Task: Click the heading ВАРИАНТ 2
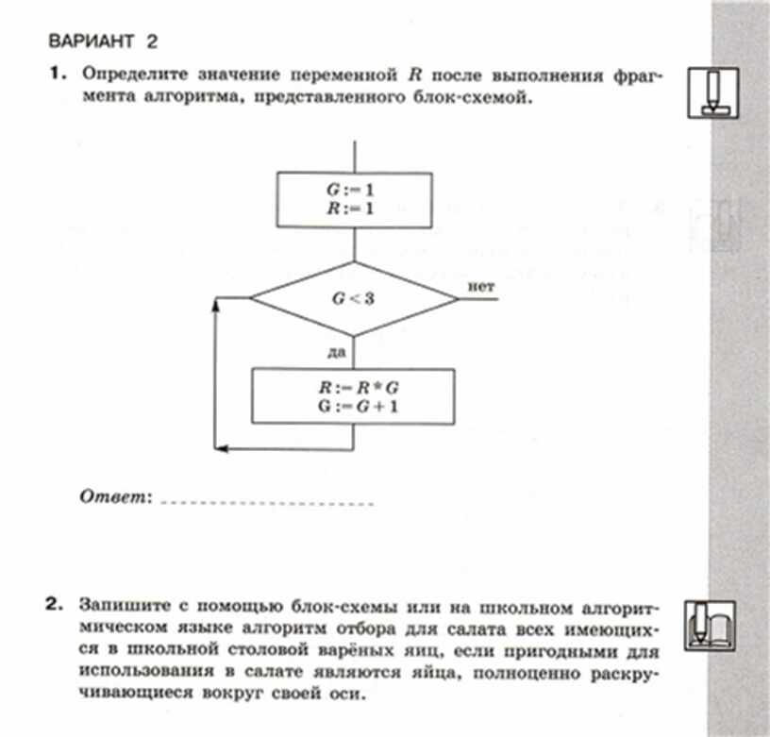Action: (102, 41)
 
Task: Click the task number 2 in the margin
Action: (59, 601)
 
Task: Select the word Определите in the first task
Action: (129, 73)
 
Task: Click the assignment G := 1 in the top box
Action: (353, 189)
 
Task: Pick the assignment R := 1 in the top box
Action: (353, 208)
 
